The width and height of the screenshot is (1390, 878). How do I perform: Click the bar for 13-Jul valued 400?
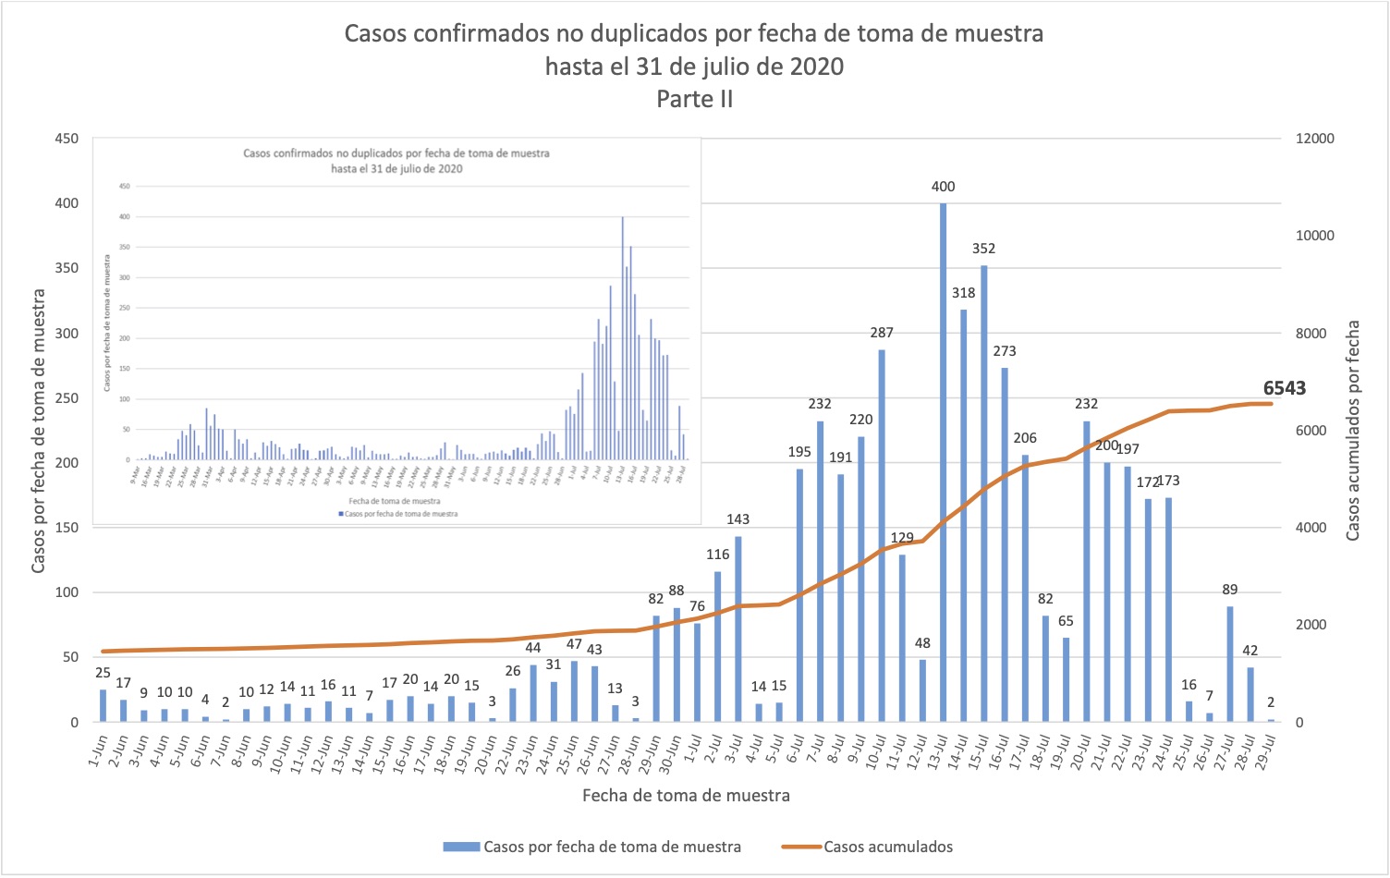coord(943,462)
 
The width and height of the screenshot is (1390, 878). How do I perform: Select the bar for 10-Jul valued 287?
coord(882,536)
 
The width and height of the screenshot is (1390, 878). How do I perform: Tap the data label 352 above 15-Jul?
coord(983,249)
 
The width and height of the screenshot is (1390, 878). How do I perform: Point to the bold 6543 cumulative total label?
coord(1284,388)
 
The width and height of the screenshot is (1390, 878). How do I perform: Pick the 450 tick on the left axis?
coord(67,139)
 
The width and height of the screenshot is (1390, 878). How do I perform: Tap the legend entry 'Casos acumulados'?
coord(887,847)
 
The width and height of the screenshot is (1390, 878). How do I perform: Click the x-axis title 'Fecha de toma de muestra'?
coord(686,796)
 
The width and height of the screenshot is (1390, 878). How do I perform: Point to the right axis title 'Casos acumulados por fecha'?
coord(1353,431)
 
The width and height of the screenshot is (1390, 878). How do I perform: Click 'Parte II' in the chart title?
coord(695,99)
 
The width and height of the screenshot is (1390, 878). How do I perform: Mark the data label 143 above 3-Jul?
coord(738,519)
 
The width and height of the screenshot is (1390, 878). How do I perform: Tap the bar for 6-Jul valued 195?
coord(799,595)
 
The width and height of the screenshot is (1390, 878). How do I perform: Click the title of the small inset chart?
coord(396,161)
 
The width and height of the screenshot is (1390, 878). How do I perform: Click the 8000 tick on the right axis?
coord(1311,334)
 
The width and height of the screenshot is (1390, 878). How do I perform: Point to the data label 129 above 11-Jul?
coord(902,538)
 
